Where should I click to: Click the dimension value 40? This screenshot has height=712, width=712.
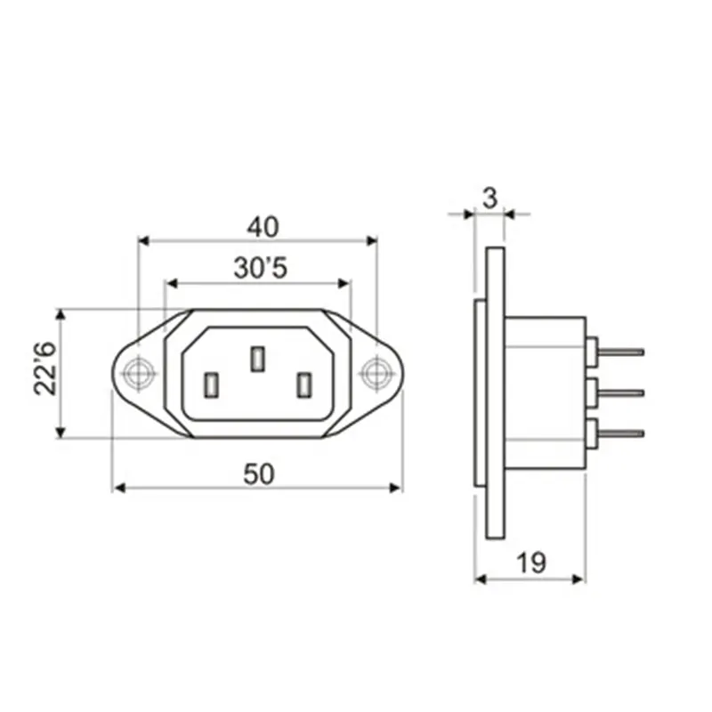click(x=263, y=227)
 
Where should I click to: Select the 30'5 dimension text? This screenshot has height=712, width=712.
click(x=261, y=268)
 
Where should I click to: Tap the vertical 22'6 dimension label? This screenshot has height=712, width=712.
click(x=45, y=368)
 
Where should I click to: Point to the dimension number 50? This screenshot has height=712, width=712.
click(x=259, y=474)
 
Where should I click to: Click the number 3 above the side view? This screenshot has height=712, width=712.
click(x=490, y=198)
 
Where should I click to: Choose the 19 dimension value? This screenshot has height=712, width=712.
click(x=531, y=563)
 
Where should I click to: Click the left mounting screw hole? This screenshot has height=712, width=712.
click(x=138, y=373)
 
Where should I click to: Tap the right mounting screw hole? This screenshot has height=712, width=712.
click(x=376, y=373)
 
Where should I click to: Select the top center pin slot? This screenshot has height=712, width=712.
click(x=257, y=359)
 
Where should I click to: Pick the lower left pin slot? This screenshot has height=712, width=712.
click(x=211, y=385)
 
